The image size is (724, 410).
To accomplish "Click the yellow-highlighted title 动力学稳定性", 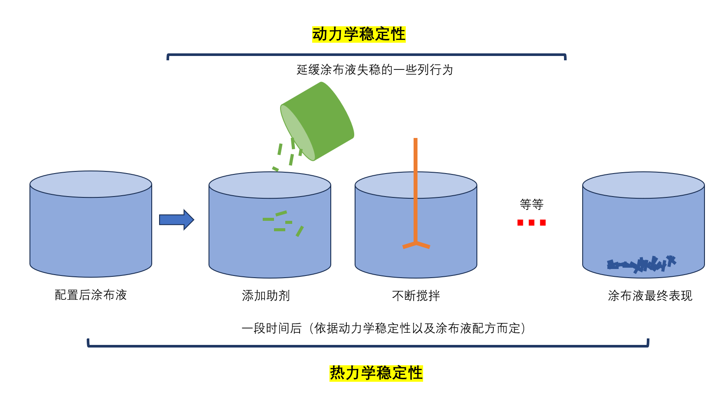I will coord(359,34).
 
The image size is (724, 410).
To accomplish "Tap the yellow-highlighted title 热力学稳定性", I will coord(376,373).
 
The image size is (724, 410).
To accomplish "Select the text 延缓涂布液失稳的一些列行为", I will coord(375,70).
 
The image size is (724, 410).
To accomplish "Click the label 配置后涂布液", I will coord(91,295).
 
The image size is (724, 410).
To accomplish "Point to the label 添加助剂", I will coord(266,296).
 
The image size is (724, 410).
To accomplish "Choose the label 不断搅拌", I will coord(416,296).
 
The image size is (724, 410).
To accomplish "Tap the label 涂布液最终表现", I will coord(650,296).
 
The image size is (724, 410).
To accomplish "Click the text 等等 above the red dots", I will coord(532,204).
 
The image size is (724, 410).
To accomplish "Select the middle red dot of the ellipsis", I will coord(532,223).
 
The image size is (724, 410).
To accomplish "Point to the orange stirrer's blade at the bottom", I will coord(416,245).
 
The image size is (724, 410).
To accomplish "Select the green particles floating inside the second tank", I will coord(282,223).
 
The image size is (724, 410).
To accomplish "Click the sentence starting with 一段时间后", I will coord(383,328).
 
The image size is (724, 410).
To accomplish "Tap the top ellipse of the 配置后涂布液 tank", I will coord(91,184).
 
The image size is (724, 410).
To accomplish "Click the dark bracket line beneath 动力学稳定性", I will coord(366,55).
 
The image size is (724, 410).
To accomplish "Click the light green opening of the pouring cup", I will coord(297,132).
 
